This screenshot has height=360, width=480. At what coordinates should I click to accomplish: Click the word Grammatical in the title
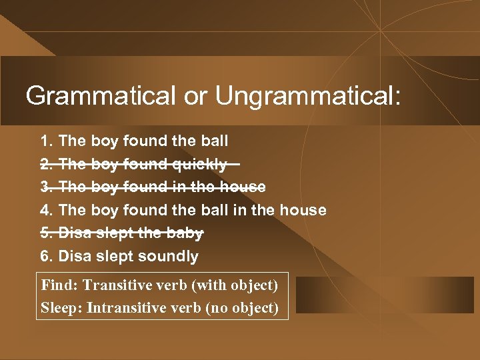click(99, 96)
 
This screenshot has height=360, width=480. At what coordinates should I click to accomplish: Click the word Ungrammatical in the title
click(308, 96)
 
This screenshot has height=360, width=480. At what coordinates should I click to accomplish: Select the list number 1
click(46, 141)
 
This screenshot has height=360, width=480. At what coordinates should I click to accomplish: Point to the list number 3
click(46, 187)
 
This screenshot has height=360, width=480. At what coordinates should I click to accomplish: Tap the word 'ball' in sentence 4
click(214, 211)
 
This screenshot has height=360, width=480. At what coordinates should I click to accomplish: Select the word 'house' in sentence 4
click(303, 211)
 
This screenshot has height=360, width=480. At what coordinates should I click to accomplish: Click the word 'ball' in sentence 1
click(214, 141)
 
